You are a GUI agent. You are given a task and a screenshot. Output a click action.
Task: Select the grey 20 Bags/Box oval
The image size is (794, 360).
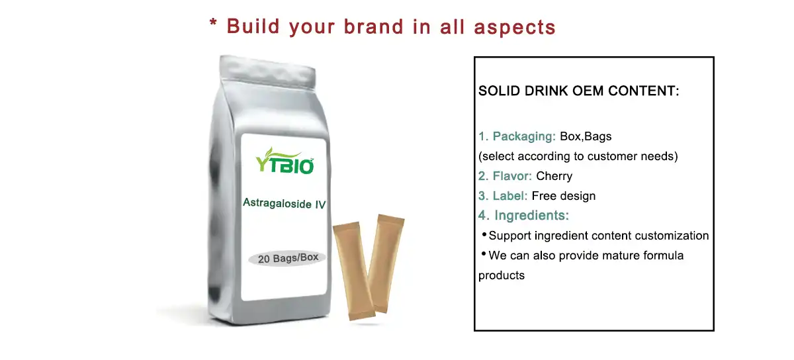(x=288, y=258)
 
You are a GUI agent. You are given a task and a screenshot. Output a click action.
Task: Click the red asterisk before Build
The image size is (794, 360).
(x=214, y=25)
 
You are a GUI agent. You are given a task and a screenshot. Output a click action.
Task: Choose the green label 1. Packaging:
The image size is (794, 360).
(x=517, y=137)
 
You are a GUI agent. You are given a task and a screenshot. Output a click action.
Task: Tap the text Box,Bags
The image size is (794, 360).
(x=586, y=137)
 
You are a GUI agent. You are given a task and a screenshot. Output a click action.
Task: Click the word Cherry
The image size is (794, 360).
(x=554, y=176)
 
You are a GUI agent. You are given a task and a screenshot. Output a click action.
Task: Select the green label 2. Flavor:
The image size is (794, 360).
(x=506, y=176)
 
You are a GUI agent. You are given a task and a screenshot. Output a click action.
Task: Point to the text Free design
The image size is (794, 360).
(x=564, y=196)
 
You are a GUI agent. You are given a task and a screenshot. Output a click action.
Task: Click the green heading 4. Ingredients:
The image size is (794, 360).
(x=524, y=216)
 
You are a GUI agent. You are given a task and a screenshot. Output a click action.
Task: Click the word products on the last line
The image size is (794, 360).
(x=502, y=275)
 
